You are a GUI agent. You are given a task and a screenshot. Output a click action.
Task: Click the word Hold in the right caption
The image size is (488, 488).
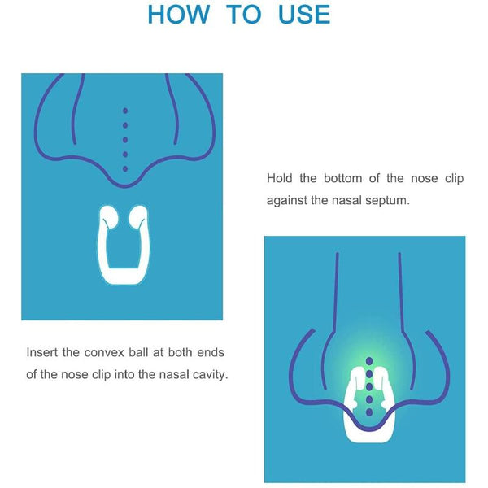coord(280,178)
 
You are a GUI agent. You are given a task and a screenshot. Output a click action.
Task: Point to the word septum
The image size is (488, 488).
coord(387,199)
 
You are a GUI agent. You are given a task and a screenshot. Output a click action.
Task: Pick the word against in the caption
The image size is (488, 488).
coord(287,199)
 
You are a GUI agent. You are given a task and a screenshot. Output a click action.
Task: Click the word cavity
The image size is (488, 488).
coord(209,374)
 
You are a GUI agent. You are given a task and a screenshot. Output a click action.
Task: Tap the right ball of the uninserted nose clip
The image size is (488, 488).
coord(139,216)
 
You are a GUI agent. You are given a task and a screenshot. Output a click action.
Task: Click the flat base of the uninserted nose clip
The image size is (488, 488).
coord(124,277)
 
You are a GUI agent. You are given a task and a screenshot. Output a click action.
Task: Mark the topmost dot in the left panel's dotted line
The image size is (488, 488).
coord(124,111)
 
